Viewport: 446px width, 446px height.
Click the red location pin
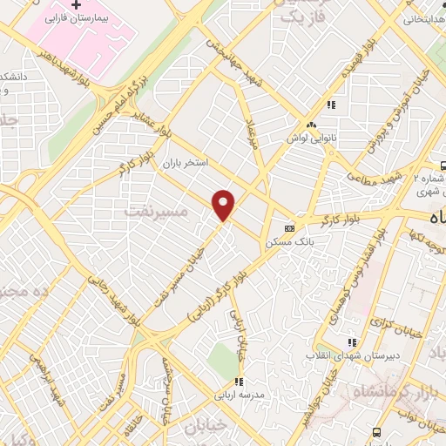[x=225, y=204]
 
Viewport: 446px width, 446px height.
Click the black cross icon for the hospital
[x=78, y=5]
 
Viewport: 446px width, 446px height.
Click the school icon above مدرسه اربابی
[x=239, y=382]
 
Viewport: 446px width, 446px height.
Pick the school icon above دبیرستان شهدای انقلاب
[x=353, y=342]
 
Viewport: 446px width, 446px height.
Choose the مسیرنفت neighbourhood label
[x=144, y=210]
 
